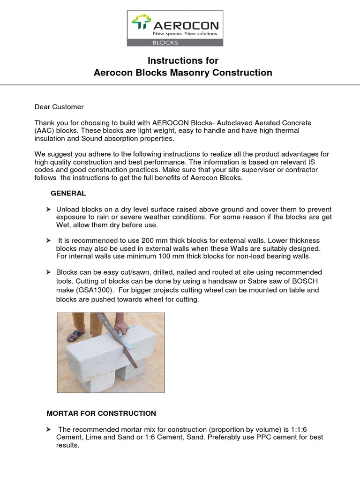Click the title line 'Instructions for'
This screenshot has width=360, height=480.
[x=183, y=60]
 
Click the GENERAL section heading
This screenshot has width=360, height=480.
[x=68, y=193]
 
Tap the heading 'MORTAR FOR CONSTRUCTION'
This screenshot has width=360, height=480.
[x=101, y=413]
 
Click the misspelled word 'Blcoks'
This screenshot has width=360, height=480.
[x=231, y=178]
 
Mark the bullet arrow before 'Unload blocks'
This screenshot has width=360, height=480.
[x=48, y=209]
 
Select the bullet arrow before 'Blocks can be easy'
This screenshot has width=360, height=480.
[x=48, y=272]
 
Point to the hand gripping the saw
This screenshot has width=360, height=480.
[x=121, y=329]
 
